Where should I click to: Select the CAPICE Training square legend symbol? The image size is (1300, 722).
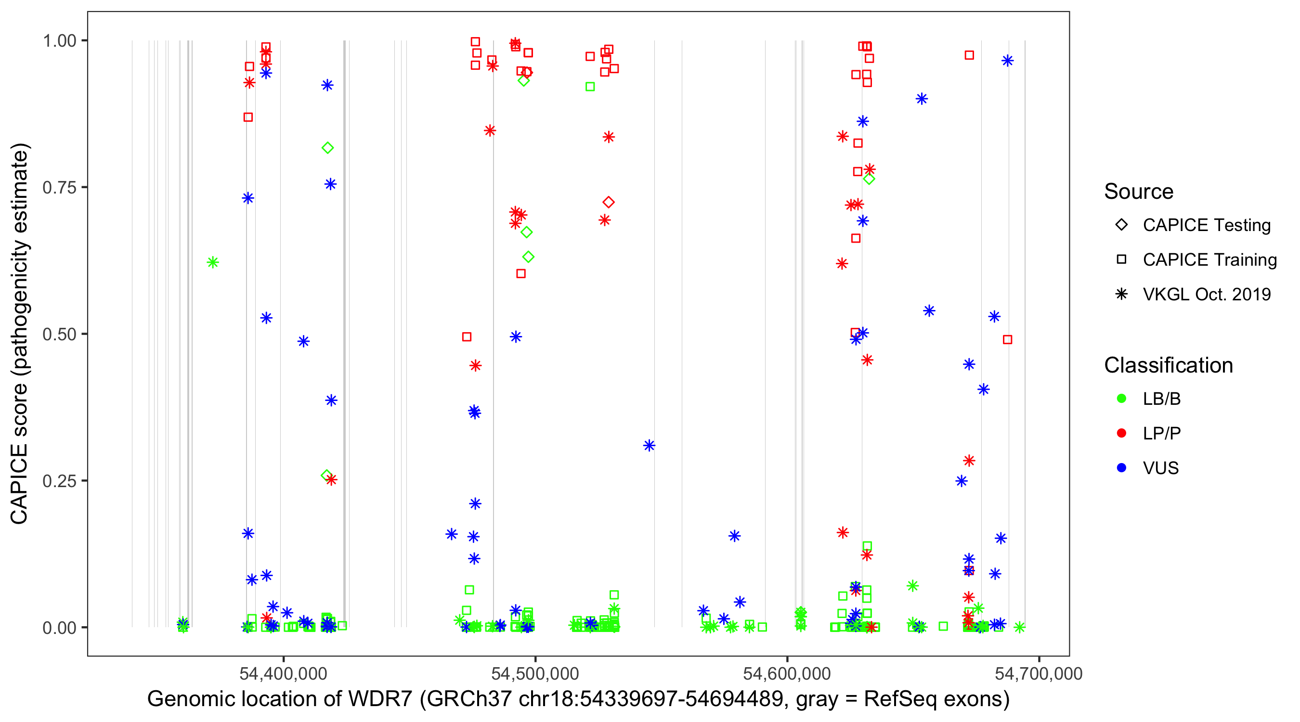(1121, 260)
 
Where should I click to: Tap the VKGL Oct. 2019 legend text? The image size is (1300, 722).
(1206, 295)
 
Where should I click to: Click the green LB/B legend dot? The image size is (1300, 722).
(1121, 399)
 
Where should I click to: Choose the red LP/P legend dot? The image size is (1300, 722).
(1121, 433)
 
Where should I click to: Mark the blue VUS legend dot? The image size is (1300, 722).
(1121, 468)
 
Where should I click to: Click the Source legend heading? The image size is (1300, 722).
(1139, 192)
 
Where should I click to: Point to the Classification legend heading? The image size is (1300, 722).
(1168, 365)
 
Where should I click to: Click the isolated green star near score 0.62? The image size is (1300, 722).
(213, 262)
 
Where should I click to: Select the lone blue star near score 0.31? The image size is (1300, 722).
(649, 446)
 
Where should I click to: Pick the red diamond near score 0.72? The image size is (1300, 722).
(609, 202)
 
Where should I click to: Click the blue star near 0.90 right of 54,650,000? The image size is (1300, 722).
(922, 99)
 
